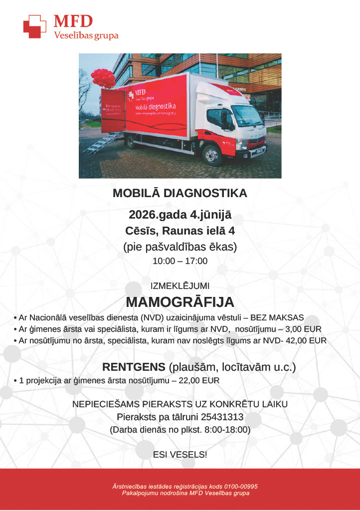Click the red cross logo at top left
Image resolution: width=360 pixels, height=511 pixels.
point(34,26)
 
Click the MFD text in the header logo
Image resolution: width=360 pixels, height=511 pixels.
point(73,21)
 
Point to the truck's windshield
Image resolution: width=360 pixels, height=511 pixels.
point(246,115)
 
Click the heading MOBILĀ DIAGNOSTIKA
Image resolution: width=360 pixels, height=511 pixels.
point(180,193)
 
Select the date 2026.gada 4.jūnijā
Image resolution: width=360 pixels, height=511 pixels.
point(180,216)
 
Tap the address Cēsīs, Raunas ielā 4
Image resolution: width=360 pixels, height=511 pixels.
point(180,231)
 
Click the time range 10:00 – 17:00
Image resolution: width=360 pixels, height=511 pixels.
point(180,261)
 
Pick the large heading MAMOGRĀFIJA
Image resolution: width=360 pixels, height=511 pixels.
point(180,302)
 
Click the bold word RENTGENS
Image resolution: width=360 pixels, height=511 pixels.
point(134,367)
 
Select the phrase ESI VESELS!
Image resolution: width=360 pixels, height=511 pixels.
point(180,454)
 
